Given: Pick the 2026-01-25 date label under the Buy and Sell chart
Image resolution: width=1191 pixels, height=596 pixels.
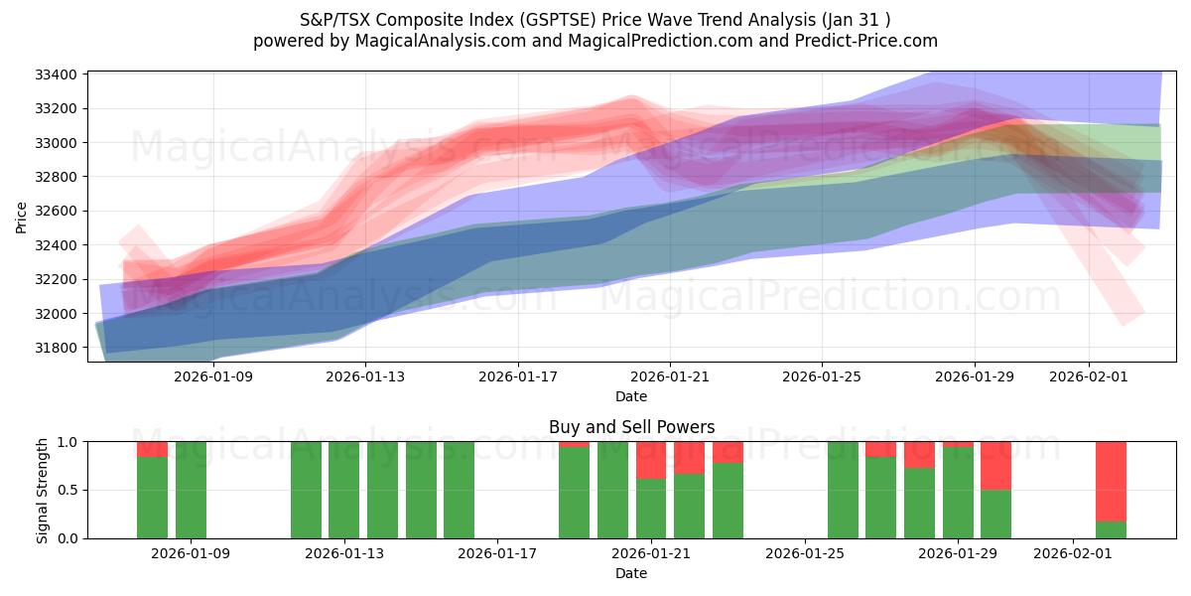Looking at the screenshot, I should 805,553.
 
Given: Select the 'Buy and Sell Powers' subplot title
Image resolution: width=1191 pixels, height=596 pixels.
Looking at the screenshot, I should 631,427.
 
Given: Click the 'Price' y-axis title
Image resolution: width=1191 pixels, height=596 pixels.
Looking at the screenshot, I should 22,217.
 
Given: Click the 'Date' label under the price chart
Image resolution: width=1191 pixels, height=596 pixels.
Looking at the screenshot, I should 631,396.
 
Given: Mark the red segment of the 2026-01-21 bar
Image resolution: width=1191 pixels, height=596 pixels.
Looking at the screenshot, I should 651,460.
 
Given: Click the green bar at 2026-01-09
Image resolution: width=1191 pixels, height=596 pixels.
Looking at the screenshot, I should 191,490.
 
